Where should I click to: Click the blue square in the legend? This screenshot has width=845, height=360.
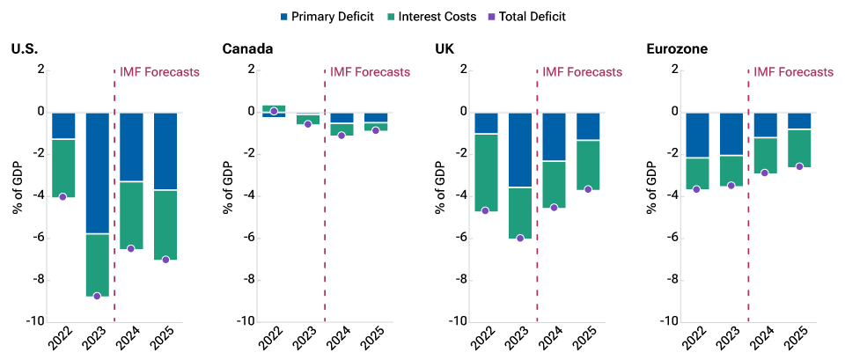coord(284,17)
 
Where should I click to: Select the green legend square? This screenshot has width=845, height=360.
coord(391,17)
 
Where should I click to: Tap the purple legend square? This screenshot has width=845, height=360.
coord(491,17)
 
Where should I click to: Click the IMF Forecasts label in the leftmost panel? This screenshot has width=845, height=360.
coord(159,72)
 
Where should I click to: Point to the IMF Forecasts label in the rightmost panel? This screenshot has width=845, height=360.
coord(793,72)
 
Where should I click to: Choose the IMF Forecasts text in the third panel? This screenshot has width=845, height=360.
coord(582,72)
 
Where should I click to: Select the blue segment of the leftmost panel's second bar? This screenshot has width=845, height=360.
coord(98,173)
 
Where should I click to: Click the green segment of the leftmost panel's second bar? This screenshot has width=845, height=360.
coord(98,265)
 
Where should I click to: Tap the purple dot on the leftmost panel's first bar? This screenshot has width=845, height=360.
coord(62,197)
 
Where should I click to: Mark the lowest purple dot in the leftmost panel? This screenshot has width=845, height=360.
coord(97,297)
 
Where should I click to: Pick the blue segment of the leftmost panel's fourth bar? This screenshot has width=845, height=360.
coord(165,151)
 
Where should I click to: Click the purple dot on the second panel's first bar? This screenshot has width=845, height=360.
coord(274,111)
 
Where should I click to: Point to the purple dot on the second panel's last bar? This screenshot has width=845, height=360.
coord(376,130)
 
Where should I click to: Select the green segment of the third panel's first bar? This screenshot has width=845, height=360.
coord(486,173)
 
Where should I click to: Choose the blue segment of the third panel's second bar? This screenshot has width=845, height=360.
coord(520,150)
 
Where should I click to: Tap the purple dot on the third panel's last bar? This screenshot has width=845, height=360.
coord(588,189)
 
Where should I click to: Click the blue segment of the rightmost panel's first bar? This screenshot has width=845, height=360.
coord(697,135)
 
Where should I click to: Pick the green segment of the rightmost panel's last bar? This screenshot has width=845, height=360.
coord(799,148)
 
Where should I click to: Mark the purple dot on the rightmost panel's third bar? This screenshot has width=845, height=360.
coord(765,173)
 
